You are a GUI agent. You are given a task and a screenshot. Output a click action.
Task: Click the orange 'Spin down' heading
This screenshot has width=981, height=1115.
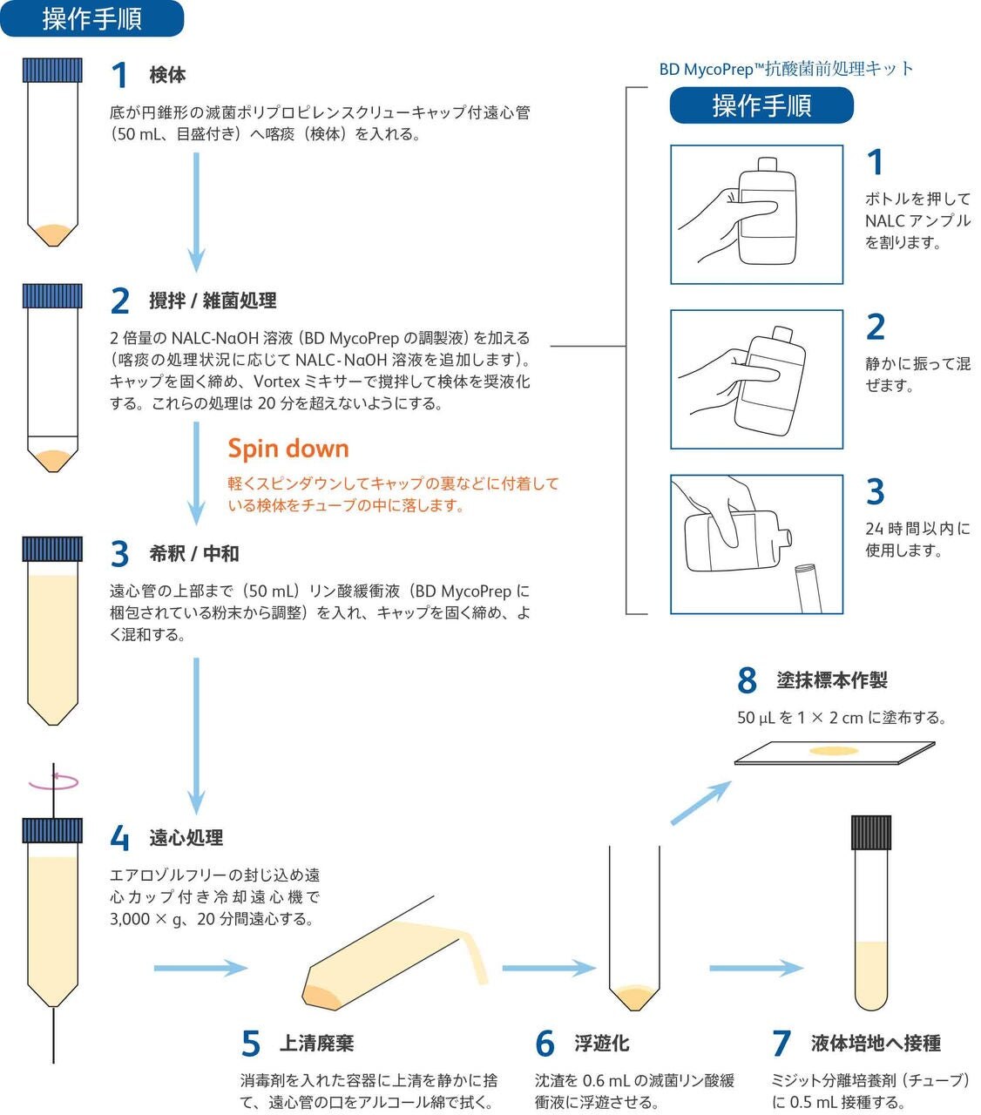(x=288, y=449)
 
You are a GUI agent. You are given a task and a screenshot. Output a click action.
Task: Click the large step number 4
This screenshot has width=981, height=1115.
(x=120, y=838)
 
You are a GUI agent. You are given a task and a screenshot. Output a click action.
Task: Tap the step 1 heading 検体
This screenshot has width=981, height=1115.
(x=167, y=75)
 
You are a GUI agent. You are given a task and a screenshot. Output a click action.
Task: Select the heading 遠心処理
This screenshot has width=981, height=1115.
(x=186, y=838)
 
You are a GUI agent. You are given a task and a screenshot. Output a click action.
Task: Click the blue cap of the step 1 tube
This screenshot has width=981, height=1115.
(x=52, y=70)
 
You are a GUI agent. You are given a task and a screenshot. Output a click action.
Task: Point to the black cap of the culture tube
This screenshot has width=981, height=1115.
(x=870, y=832)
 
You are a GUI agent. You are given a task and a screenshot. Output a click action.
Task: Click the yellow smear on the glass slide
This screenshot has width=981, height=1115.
(x=834, y=750)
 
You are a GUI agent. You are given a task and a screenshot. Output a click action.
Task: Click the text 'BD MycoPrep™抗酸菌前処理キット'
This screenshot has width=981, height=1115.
(x=786, y=70)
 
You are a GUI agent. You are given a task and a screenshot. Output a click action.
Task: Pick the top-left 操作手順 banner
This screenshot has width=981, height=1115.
(x=91, y=18)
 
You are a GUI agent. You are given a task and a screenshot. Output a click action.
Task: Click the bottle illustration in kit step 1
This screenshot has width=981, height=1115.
(x=767, y=211)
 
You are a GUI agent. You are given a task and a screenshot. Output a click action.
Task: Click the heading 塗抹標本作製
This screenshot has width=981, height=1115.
(x=832, y=680)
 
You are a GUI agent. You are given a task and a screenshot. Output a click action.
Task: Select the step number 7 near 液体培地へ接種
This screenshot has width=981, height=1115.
(x=781, y=1043)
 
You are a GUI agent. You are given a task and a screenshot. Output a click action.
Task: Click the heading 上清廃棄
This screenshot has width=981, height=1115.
(x=316, y=1043)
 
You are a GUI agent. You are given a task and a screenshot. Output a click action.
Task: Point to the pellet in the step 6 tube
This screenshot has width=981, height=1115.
(x=634, y=996)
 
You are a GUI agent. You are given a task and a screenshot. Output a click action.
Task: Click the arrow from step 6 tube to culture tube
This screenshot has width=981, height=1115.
(x=755, y=968)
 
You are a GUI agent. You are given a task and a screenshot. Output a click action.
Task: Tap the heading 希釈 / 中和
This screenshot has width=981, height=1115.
(x=193, y=553)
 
